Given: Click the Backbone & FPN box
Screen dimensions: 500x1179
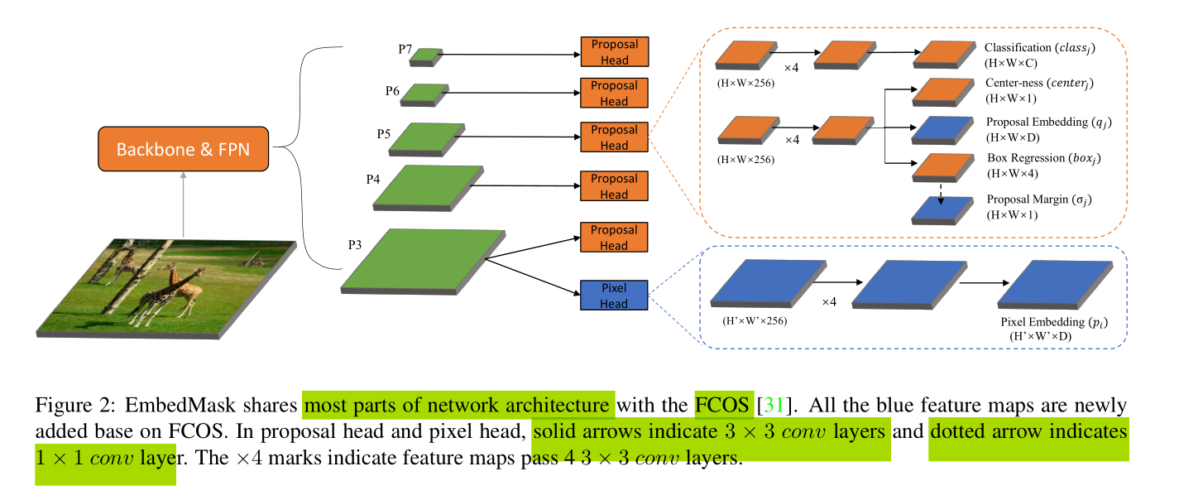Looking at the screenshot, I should (183, 150).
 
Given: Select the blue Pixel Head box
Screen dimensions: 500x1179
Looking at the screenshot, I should (614, 296).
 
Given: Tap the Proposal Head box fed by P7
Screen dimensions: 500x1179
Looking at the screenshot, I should (614, 51).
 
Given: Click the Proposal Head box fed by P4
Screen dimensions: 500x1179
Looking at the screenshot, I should (614, 186).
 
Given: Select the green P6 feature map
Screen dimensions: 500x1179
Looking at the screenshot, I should (424, 94).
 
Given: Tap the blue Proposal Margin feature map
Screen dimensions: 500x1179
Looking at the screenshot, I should (942, 210).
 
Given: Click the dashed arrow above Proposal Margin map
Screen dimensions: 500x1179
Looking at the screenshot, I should (942, 190).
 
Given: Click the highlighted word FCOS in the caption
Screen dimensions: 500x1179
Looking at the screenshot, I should (722, 405).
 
